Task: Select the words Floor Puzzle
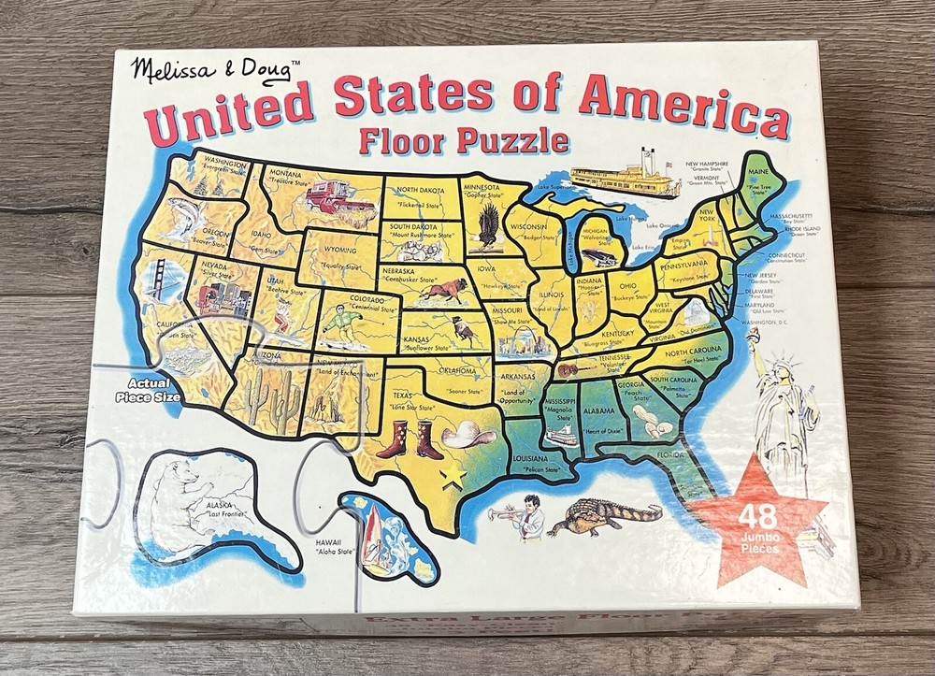(464, 140)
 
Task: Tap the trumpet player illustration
(525, 516)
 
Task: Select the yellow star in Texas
(453, 474)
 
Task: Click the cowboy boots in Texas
(409, 439)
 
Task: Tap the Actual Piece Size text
(144, 390)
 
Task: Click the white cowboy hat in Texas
(464, 435)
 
